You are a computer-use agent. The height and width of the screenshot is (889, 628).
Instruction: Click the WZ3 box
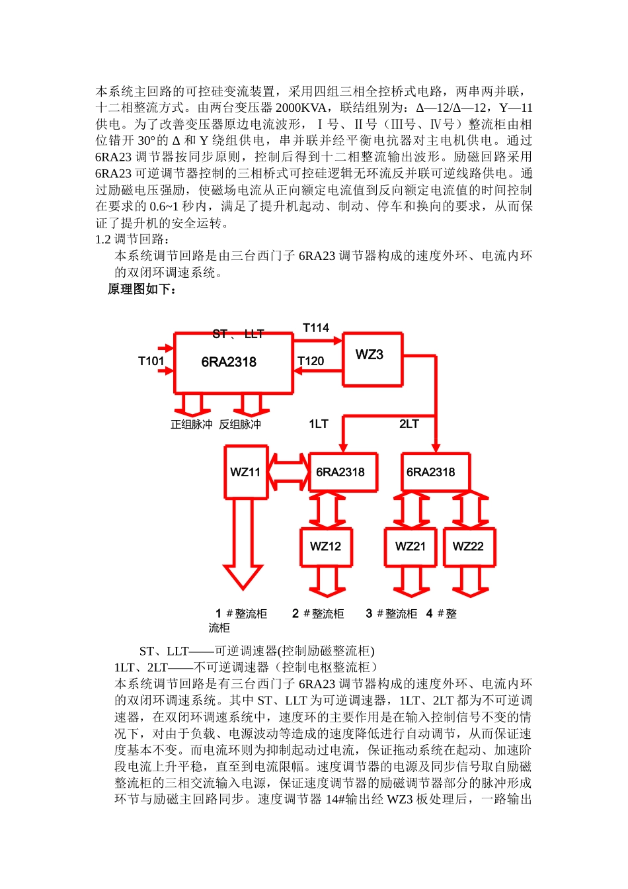tap(372, 359)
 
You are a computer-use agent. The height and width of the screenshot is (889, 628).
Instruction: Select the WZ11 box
tap(246, 472)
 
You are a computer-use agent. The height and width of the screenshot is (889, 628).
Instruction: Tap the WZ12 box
tap(326, 546)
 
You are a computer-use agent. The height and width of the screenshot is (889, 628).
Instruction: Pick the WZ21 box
tap(411, 546)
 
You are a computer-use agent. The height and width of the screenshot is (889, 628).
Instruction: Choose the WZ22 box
tap(469, 546)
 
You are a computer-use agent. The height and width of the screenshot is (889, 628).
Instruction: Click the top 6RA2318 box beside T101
tap(233, 363)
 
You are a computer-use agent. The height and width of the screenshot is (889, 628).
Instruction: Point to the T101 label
tap(151, 361)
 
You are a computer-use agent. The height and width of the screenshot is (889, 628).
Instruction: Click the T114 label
tap(316, 328)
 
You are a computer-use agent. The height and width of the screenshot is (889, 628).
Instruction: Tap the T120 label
tap(311, 361)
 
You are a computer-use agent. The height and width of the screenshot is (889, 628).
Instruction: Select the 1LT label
tap(319, 424)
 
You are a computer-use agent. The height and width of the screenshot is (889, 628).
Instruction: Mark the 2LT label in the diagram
tap(409, 424)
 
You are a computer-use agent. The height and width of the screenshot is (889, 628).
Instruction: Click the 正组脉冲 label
tap(192, 425)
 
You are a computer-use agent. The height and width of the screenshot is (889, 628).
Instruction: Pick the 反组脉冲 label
tap(240, 425)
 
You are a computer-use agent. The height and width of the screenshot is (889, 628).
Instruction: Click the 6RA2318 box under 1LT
tap(342, 472)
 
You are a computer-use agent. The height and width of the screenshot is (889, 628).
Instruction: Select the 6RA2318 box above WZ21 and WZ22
tap(434, 472)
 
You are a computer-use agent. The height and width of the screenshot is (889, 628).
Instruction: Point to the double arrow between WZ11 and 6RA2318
tap(288, 471)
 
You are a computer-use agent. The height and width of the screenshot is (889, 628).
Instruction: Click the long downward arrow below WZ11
tap(243, 542)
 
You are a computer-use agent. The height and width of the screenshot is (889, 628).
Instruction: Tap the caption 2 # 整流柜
tap(318, 614)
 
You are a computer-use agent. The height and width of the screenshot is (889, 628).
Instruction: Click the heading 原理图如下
tap(142, 289)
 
